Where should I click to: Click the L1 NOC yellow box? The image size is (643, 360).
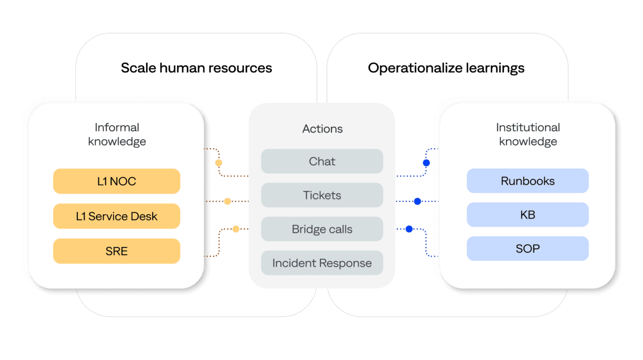pyautogui.click(x=117, y=181)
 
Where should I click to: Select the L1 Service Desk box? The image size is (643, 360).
pyautogui.click(x=117, y=216)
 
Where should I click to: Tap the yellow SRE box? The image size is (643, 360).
pyautogui.click(x=117, y=251)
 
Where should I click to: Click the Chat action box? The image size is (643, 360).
pyautogui.click(x=322, y=162)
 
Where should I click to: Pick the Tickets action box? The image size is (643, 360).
pyautogui.click(x=322, y=195)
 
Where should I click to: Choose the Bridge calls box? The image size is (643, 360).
pyautogui.click(x=322, y=229)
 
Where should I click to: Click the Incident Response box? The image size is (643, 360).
pyautogui.click(x=322, y=263)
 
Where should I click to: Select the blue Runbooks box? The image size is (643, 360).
pyautogui.click(x=527, y=181)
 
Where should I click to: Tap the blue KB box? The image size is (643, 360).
pyautogui.click(x=527, y=215)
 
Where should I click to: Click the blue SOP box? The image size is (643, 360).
pyautogui.click(x=527, y=249)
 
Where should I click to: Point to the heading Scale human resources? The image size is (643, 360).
pyautogui.click(x=196, y=68)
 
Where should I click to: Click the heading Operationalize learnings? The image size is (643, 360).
pyautogui.click(x=446, y=68)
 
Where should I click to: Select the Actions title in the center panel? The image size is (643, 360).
pyautogui.click(x=322, y=129)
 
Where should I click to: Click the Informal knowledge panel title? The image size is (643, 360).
pyautogui.click(x=117, y=135)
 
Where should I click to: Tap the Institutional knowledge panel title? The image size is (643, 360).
pyautogui.click(x=527, y=135)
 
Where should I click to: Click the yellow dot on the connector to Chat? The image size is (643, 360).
pyautogui.click(x=219, y=163)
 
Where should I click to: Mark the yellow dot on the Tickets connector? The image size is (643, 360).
pyautogui.click(x=227, y=201)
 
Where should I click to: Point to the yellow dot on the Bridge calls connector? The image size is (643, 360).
pyautogui.click(x=236, y=229)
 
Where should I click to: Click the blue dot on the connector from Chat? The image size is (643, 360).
pyautogui.click(x=426, y=163)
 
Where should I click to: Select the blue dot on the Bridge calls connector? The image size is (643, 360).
pyautogui.click(x=409, y=229)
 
